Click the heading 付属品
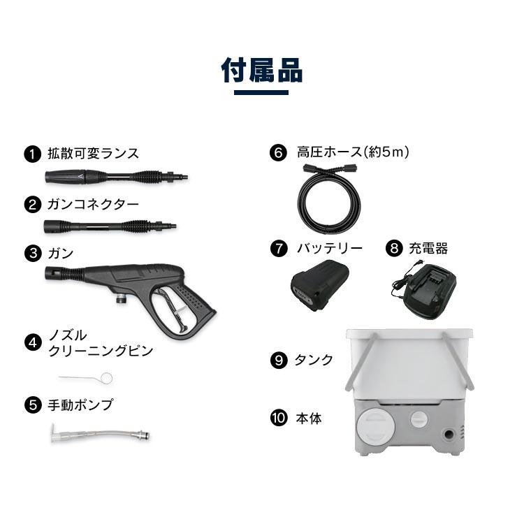pyautogui.click(x=262, y=71)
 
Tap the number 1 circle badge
pyautogui.click(x=32, y=154)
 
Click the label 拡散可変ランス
pyautogui.click(x=93, y=154)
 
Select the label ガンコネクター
pyautogui.click(x=93, y=205)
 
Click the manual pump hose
pyautogui.click(x=99, y=432)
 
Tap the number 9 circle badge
pyautogui.click(x=278, y=361)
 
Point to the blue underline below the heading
pyautogui.click(x=261, y=92)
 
